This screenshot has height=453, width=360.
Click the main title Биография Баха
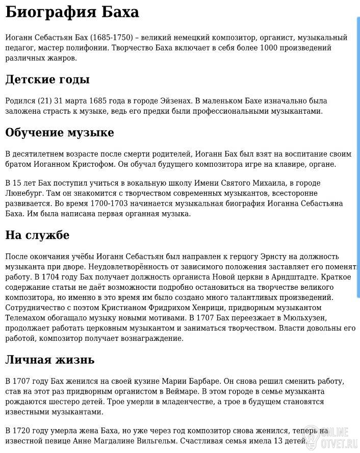point(72,12)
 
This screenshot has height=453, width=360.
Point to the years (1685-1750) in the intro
point(111,38)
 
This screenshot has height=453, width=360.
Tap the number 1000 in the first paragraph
point(270,48)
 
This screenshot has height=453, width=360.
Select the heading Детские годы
point(47,80)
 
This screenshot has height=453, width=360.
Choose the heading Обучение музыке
point(59,133)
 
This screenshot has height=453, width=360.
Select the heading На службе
point(37,235)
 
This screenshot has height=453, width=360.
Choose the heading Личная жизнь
point(49,360)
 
